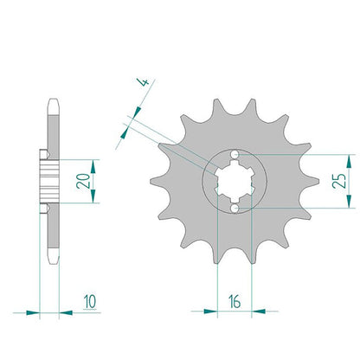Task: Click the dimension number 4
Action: [x=145, y=82]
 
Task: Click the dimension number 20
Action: [x=83, y=181]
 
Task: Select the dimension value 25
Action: [x=338, y=181]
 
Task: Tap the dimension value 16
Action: [x=235, y=301]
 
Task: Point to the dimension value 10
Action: [x=90, y=301]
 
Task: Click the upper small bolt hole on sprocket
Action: [x=235, y=154]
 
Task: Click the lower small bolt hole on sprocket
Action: [x=235, y=208]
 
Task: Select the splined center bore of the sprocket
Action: [x=235, y=181]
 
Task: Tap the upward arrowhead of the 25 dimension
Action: [x=349, y=161]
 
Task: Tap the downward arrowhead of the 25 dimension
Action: [x=349, y=201]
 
